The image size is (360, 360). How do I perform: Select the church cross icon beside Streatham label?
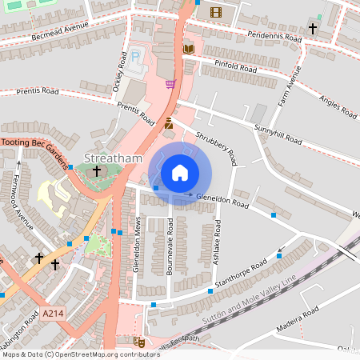click(x=97, y=170)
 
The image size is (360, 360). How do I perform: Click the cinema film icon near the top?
click(x=215, y=11)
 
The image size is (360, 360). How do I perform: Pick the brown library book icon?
click(x=189, y=50)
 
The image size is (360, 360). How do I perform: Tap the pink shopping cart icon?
click(x=170, y=83)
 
